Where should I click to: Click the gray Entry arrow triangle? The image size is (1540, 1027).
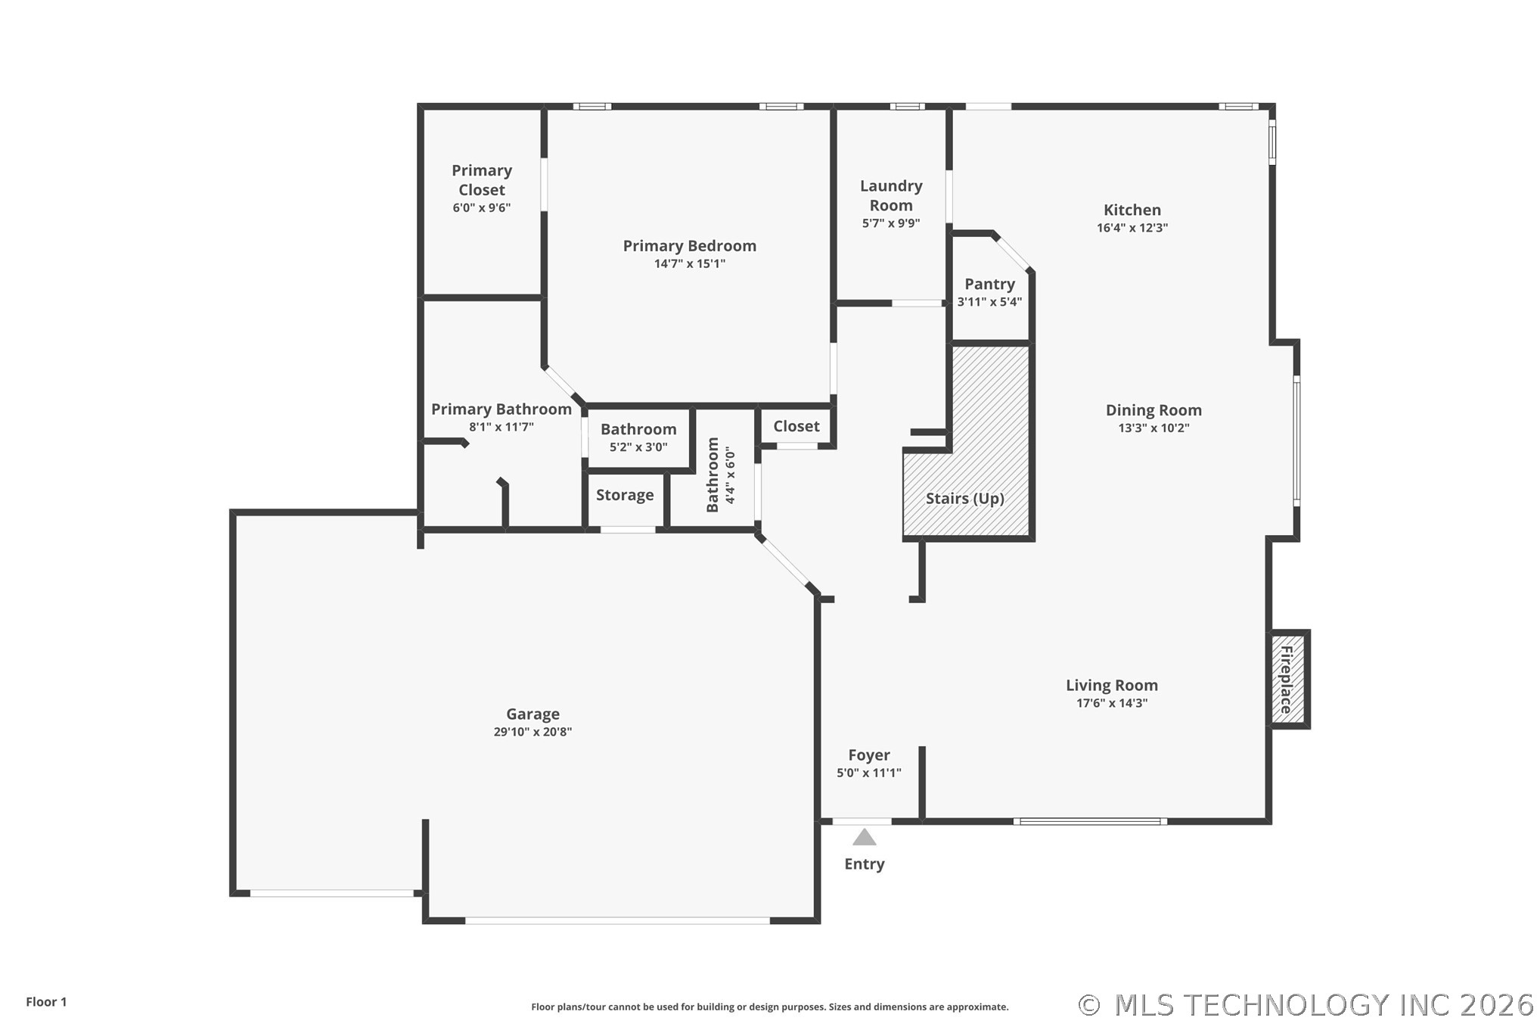pos(865,837)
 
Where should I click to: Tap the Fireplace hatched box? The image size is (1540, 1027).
pos(1288,680)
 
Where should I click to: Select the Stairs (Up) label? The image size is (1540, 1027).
pos(965,498)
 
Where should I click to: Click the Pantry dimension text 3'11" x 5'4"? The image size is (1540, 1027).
pos(989,302)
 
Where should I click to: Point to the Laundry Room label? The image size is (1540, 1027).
pos(891,195)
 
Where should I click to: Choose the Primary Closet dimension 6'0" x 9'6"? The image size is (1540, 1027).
pos(482,208)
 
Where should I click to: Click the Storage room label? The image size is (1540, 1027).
pos(625,495)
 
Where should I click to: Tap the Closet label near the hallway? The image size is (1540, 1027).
pos(796,426)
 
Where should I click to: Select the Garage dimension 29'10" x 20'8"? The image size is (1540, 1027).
pos(532,732)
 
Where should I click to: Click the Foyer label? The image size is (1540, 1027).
pos(869,755)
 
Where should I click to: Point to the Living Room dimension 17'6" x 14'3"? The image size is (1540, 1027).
pos(1112,703)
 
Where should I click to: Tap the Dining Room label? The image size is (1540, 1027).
pos(1153,410)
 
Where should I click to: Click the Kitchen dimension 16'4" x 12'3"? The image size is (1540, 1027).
pos(1132,228)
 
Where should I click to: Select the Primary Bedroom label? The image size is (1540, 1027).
pos(690,246)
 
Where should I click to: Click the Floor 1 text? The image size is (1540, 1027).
pos(46,1002)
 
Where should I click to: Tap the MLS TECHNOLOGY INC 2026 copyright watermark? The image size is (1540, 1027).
pos(1306,1005)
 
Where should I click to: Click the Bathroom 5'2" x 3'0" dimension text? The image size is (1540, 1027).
pos(638,447)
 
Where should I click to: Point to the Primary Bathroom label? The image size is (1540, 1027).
pos(501,409)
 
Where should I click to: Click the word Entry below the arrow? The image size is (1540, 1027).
pos(865,864)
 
